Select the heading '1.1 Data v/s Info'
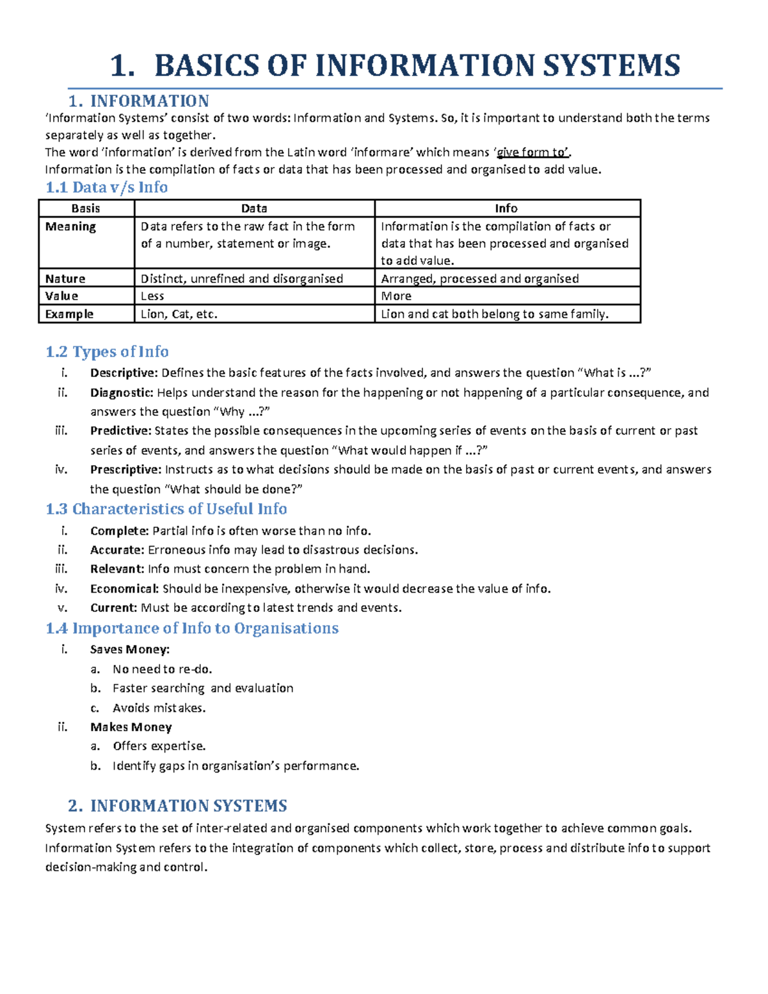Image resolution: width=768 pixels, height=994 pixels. [x=106, y=188]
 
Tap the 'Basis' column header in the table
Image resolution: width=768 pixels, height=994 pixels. [x=86, y=209]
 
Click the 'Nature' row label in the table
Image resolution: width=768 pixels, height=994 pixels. [x=65, y=279]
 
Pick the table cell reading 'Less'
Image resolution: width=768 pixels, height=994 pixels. [x=152, y=296]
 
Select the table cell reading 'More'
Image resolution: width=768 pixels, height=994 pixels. [x=396, y=296]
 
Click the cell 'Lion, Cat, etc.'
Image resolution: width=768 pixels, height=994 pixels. [x=179, y=314]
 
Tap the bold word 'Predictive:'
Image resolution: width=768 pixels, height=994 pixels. [x=120, y=431]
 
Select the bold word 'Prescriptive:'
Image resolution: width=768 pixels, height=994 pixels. [x=125, y=470]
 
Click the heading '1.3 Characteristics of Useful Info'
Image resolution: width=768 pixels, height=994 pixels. [x=166, y=509]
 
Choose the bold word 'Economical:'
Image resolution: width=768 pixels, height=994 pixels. [x=124, y=589]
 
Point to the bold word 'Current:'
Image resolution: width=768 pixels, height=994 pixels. [x=113, y=608]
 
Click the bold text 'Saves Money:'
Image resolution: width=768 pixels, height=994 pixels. [x=130, y=650]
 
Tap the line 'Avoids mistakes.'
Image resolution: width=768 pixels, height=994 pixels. [x=159, y=708]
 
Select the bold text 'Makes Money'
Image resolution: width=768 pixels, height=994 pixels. [x=131, y=727]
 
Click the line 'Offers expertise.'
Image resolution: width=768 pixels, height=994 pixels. [x=159, y=746]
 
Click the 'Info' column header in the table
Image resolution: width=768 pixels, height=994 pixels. [x=506, y=209]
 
